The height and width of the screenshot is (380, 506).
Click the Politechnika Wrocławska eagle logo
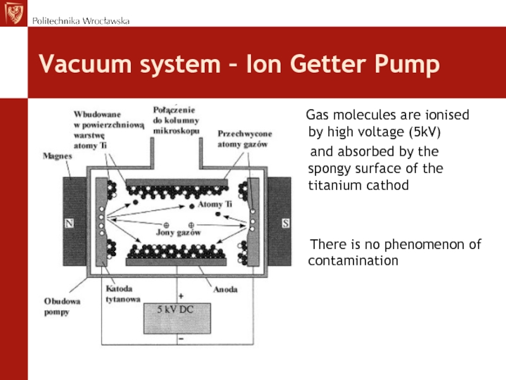(x=14, y=13)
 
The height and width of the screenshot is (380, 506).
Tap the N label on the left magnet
(x=69, y=224)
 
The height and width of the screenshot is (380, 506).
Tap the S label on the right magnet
(x=285, y=224)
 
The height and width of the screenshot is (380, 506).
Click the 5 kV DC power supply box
(x=177, y=319)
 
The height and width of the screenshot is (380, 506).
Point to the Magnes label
(x=58, y=156)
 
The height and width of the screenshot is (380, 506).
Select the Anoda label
(x=225, y=289)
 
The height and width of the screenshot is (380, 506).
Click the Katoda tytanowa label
(x=123, y=294)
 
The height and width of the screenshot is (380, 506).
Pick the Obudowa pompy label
(x=62, y=307)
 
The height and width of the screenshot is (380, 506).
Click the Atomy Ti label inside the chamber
(x=215, y=204)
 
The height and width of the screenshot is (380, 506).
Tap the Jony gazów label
(x=178, y=232)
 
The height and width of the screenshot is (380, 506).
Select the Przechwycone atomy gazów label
(x=245, y=139)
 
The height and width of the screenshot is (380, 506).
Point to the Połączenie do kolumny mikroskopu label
(x=176, y=120)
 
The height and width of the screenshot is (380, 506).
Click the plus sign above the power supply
(x=181, y=296)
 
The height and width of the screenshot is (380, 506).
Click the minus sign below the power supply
(x=181, y=339)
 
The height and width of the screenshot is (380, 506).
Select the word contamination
(x=353, y=261)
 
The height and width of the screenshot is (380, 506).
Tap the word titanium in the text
(x=330, y=186)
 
